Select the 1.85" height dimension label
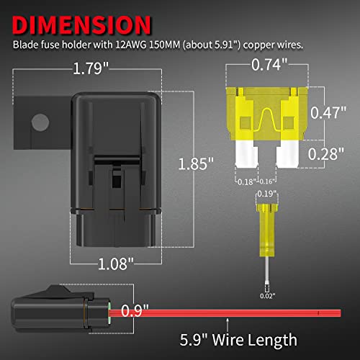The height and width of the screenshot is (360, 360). coord(197,163)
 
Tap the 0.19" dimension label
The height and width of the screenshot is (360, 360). coord(266,192)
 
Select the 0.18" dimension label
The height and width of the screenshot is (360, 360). coord(246,181)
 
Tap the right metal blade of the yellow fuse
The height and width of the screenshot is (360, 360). coord(290,153)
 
